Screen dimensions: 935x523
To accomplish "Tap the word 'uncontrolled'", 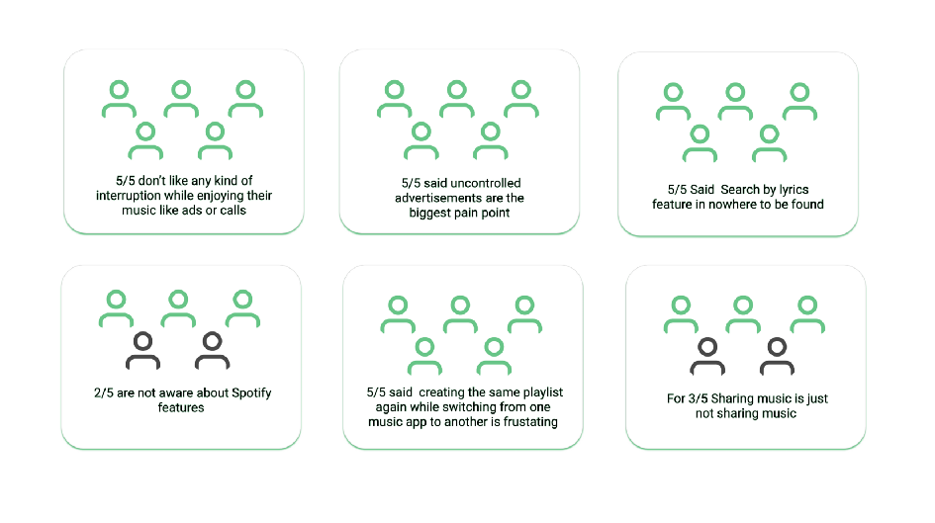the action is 483,183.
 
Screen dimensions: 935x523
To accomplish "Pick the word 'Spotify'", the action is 243,392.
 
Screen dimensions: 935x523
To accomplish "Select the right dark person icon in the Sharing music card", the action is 777,356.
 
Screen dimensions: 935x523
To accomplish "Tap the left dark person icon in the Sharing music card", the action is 707,356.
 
